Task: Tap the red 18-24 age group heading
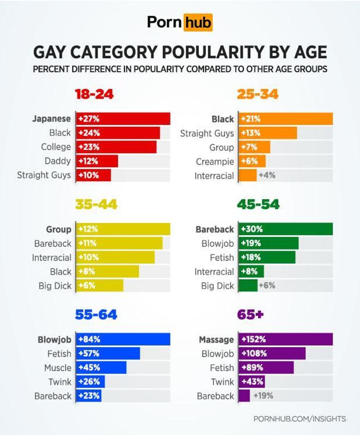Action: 94,94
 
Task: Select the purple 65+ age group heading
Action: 251,315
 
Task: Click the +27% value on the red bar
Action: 89,119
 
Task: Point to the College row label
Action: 56,147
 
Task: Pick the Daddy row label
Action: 58,161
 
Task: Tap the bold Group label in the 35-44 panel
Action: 59,229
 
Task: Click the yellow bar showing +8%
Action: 108,272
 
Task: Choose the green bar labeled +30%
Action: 285,229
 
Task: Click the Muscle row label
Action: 58,367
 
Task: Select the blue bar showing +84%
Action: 123,339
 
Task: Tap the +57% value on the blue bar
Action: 89,354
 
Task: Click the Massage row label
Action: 216,340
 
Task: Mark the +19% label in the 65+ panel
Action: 263,396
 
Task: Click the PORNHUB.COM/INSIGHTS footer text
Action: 299,418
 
